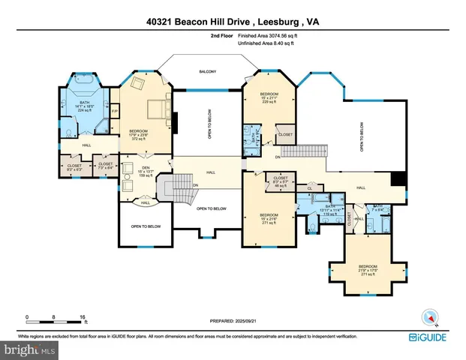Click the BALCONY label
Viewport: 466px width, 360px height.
[207, 71]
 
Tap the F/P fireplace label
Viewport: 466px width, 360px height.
[115, 112]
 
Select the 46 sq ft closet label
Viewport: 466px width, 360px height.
[281, 181]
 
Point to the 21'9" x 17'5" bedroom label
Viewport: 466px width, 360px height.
[368, 269]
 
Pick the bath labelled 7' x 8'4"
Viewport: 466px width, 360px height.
[377, 208]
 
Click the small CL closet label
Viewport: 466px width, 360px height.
[310, 188]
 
